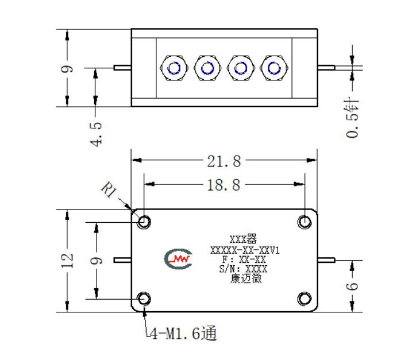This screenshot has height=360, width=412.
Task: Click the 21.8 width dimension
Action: coord(224,161)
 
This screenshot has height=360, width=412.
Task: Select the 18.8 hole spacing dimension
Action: coord(224,185)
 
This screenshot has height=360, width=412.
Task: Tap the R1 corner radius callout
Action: coord(108,189)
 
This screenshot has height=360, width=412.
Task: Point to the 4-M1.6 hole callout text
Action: coord(183,333)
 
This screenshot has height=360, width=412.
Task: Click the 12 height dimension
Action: coord(67,261)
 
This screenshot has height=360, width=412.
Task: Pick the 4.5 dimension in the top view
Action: coord(95,134)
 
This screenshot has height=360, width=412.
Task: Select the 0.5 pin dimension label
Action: coord(352,118)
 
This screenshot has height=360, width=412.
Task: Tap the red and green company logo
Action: coord(178,258)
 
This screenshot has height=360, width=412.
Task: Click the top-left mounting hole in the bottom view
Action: coord(144,222)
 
